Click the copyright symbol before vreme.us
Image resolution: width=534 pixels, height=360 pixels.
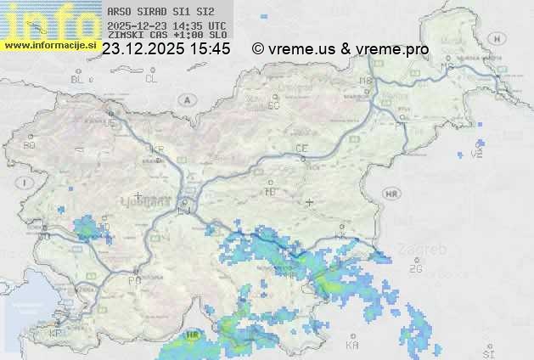(x=258, y=49)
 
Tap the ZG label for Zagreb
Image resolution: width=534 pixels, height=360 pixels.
(x=415, y=269)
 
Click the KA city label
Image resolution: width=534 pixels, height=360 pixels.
(x=352, y=346)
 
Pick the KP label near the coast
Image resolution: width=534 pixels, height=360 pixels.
(x=55, y=334)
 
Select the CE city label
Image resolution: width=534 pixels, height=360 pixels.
(x=301, y=148)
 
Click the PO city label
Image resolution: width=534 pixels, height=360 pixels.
(x=133, y=279)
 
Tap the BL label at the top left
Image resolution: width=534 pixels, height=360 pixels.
(x=78, y=79)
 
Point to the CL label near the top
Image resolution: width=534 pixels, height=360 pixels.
(x=151, y=79)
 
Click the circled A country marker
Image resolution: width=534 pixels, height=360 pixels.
(x=185, y=99)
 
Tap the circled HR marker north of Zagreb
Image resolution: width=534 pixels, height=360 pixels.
(x=391, y=194)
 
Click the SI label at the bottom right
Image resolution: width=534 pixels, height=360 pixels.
(x=487, y=352)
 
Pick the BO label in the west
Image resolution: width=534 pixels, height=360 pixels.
(x=30, y=145)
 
